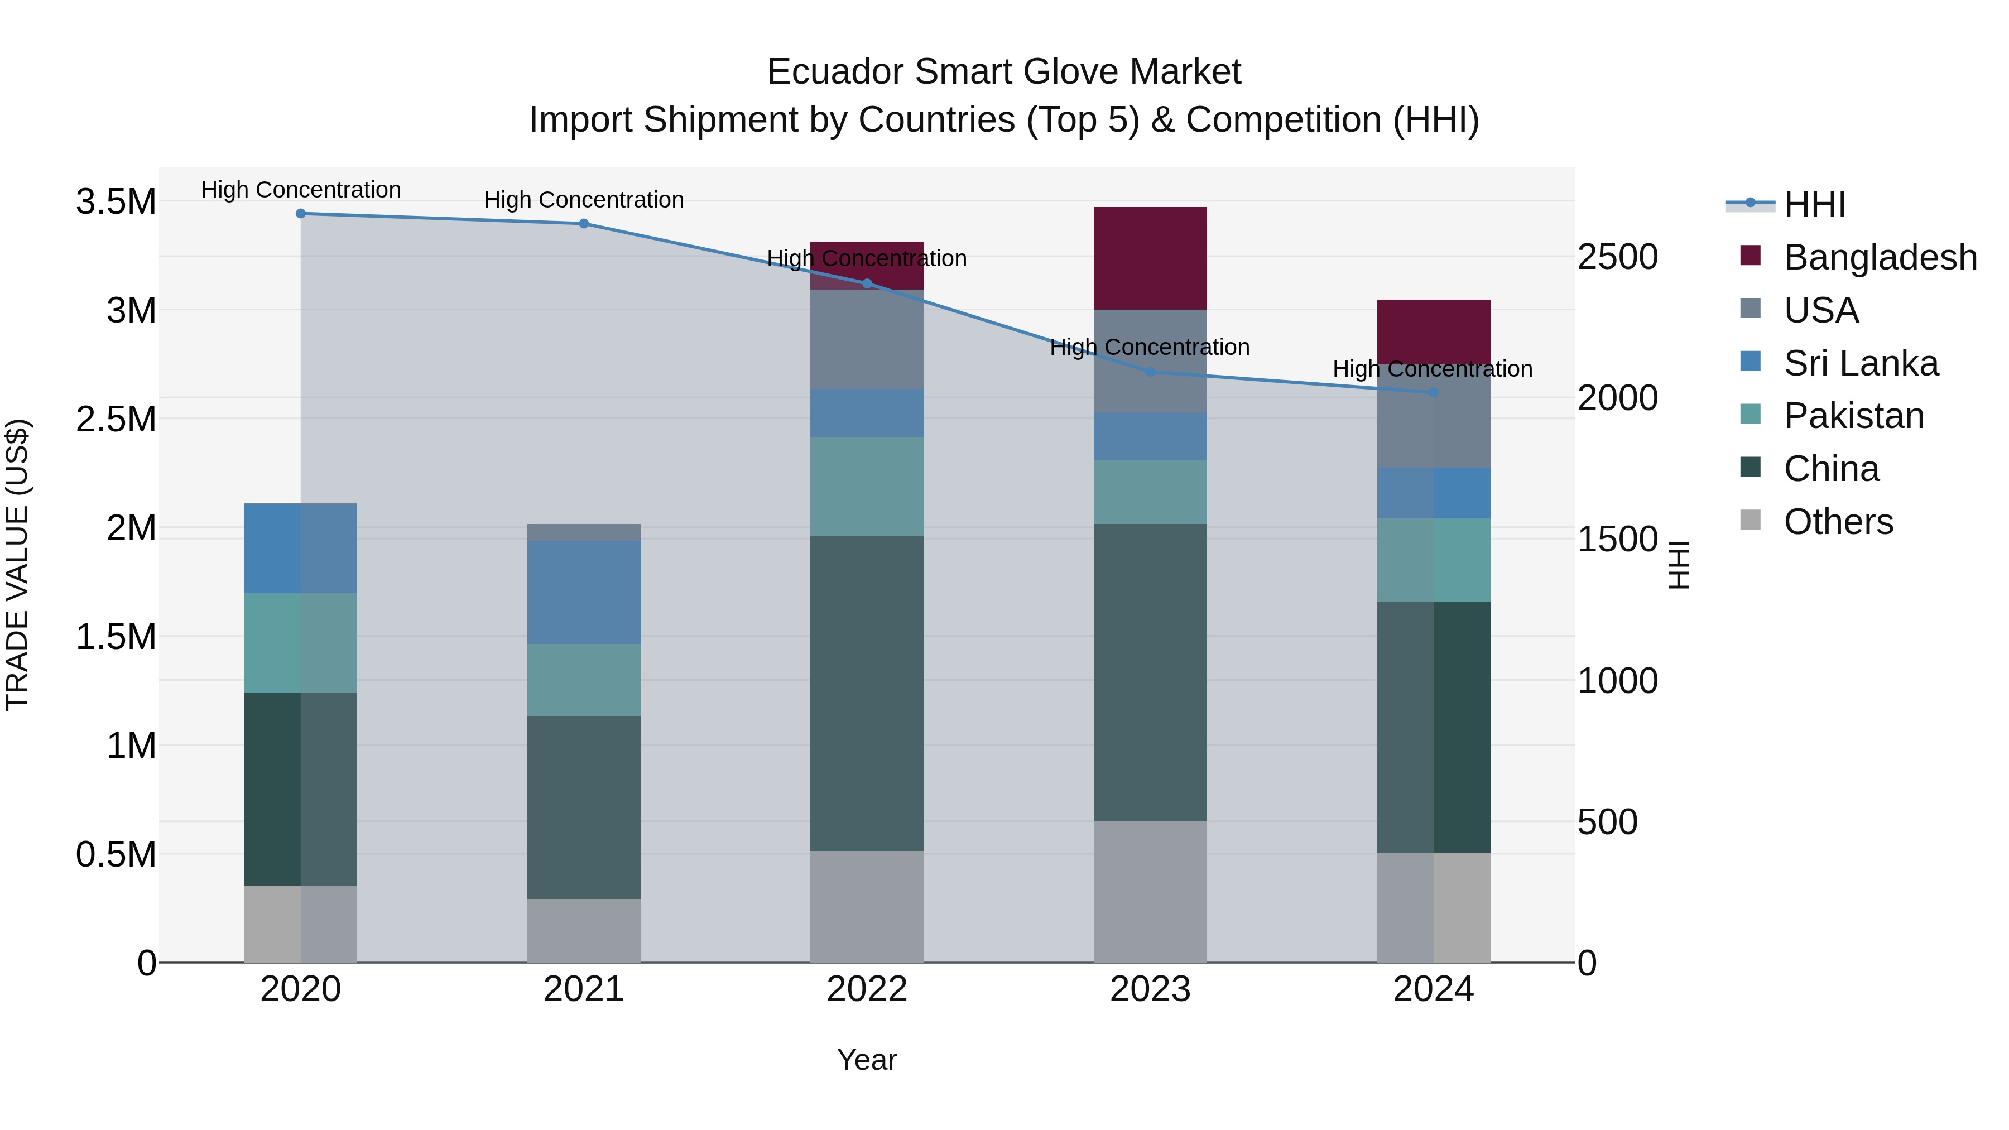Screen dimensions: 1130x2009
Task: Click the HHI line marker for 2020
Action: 301,214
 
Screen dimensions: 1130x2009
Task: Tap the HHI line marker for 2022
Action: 867,284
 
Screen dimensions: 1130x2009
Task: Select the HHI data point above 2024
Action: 1434,393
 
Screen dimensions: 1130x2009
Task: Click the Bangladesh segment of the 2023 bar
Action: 1150,258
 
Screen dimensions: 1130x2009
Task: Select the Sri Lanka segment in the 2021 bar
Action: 584,592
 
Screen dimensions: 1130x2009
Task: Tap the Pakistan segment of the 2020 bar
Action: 301,643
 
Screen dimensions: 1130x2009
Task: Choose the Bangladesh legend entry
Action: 1880,257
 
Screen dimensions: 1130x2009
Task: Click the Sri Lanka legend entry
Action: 1861,363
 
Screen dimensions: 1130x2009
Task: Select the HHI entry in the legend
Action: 1814,204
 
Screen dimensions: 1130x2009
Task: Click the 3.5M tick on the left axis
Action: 116,202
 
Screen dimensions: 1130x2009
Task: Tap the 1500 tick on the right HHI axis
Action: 1617,540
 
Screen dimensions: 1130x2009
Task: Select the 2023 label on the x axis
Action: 1150,990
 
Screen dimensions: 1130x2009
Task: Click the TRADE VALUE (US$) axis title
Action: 17,565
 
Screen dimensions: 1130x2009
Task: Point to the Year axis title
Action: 867,1061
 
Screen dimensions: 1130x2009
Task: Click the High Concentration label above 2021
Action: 584,200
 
